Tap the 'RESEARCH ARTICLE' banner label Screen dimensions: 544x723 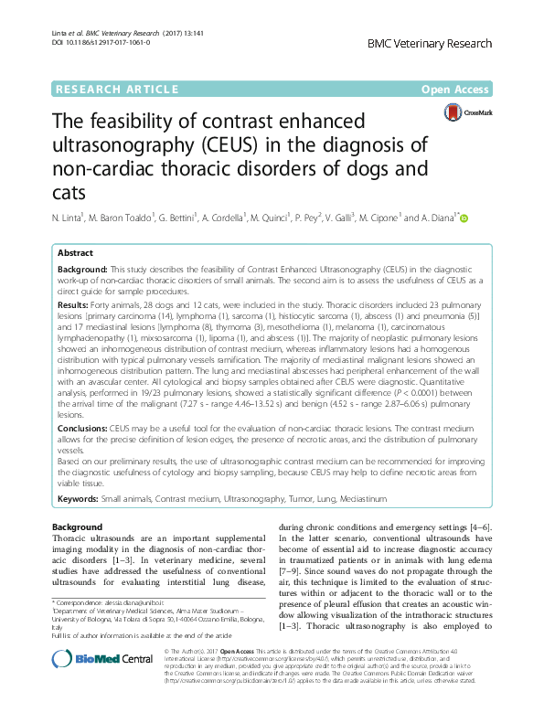point(116,90)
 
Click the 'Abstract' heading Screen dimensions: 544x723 point(75,253)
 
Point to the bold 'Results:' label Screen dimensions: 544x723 point(73,303)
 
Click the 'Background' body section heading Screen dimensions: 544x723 point(77,528)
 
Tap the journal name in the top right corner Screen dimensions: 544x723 point(430,43)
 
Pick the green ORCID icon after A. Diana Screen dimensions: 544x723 point(464,218)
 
